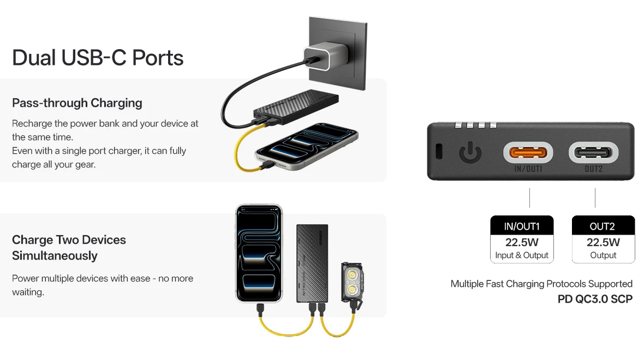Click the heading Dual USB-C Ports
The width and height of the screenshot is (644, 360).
pyautogui.click(x=98, y=57)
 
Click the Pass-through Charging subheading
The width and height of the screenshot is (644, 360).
pyautogui.click(x=77, y=103)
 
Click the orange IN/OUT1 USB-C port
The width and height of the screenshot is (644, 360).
pyautogui.click(x=528, y=153)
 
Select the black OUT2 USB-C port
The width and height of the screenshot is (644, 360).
pyautogui.click(x=593, y=153)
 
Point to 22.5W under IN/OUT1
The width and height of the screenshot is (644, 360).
pyautogui.click(x=522, y=242)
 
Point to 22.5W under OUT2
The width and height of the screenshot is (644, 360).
pyautogui.click(x=603, y=242)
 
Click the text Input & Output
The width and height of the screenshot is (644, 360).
pyautogui.click(x=522, y=255)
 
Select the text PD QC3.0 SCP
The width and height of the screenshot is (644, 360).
pyautogui.click(x=595, y=299)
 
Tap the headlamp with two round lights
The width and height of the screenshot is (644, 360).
pyautogui.click(x=351, y=283)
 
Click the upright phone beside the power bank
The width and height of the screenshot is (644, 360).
pyautogui.click(x=259, y=253)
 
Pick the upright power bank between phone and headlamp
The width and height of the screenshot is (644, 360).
pyautogui.click(x=312, y=263)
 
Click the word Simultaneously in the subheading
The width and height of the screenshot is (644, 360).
pyautogui.click(x=55, y=256)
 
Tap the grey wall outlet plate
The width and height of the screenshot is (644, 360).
pyautogui.click(x=338, y=53)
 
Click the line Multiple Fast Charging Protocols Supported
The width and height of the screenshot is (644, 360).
pyautogui.click(x=541, y=284)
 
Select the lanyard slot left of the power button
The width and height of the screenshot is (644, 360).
pyautogui.click(x=439, y=152)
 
